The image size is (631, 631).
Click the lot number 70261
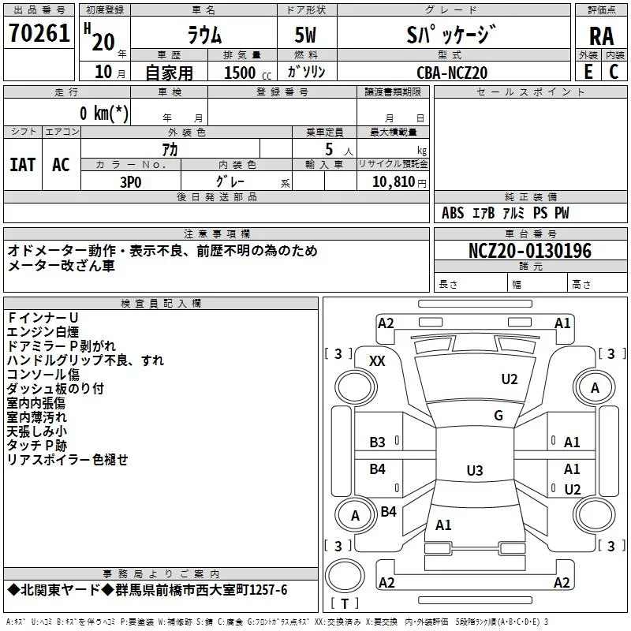39,33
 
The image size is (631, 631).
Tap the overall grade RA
600,35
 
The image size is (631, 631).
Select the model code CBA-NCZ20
452,73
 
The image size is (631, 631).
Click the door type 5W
307,35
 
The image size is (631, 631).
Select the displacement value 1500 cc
243,73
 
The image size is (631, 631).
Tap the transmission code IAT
22,164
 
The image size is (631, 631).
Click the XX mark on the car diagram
377,360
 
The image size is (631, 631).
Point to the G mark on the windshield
498,416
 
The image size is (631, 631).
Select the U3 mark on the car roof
474,471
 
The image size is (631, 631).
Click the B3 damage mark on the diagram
378,442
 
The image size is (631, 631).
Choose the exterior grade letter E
588,72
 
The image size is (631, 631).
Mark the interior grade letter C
614,72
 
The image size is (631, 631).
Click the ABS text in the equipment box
453,213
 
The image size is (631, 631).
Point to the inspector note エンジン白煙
43,331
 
